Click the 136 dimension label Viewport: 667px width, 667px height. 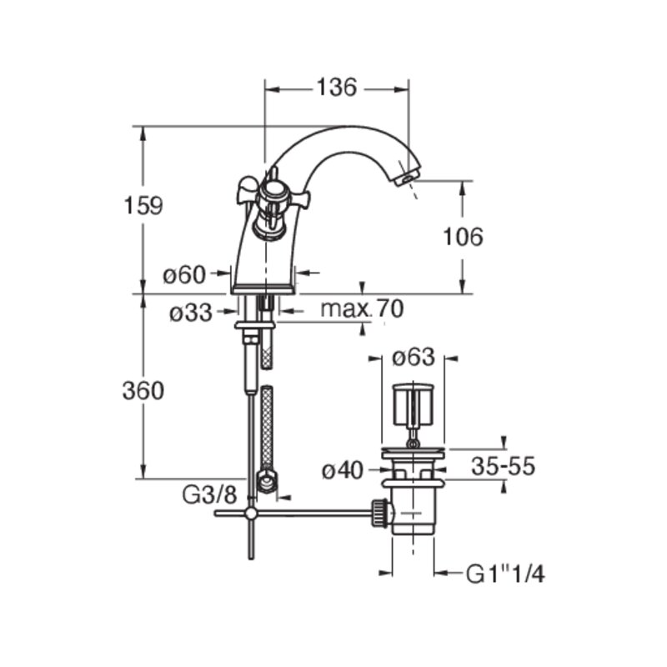(337, 88)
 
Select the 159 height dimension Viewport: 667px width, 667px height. (143, 205)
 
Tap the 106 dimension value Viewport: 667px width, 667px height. (464, 237)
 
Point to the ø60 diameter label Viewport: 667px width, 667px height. (184, 275)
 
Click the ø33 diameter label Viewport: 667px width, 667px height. (191, 313)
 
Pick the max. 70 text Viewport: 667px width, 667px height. (362, 308)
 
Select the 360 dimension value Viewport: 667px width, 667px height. (143, 390)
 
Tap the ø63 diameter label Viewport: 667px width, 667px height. (414, 357)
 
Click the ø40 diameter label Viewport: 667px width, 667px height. (343, 470)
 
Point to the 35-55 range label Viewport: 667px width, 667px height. (503, 466)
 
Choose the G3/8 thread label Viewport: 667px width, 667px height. (209, 494)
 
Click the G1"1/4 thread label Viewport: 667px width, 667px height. (505, 574)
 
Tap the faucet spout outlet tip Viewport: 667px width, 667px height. (407, 178)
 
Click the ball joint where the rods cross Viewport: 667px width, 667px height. (252, 514)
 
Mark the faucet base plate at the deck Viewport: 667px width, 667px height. (263, 290)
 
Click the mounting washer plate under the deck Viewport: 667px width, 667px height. (255, 325)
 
